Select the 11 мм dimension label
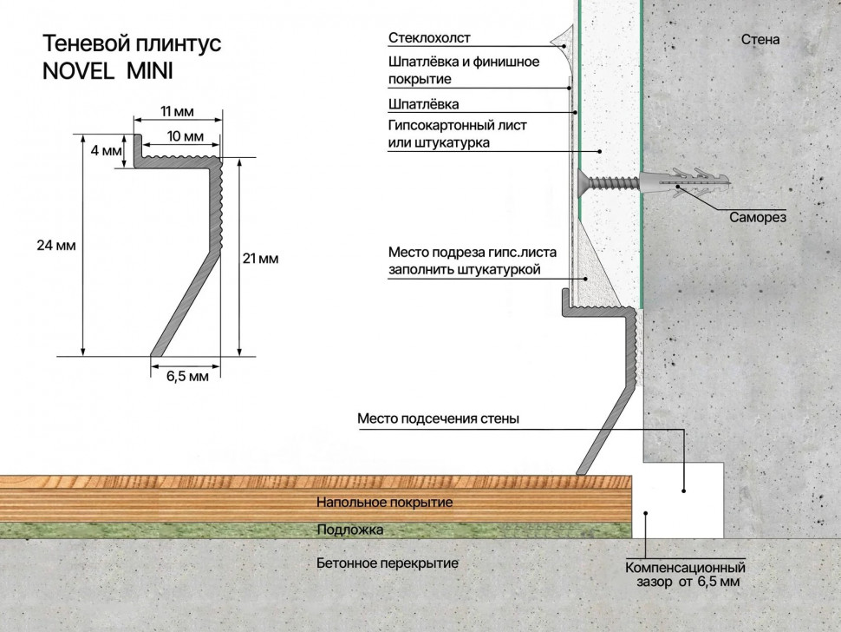(177, 112)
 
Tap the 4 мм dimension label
(106, 151)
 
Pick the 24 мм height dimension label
(57, 246)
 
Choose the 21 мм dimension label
(260, 258)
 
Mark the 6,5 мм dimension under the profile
(187, 376)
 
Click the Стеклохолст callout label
(429, 38)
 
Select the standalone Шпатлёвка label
(424, 104)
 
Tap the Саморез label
(758, 218)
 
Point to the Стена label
(760, 39)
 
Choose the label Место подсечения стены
(438, 418)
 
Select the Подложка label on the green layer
(349, 529)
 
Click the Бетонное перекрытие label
(388, 563)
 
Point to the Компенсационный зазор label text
(685, 575)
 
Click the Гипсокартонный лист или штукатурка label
(457, 134)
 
